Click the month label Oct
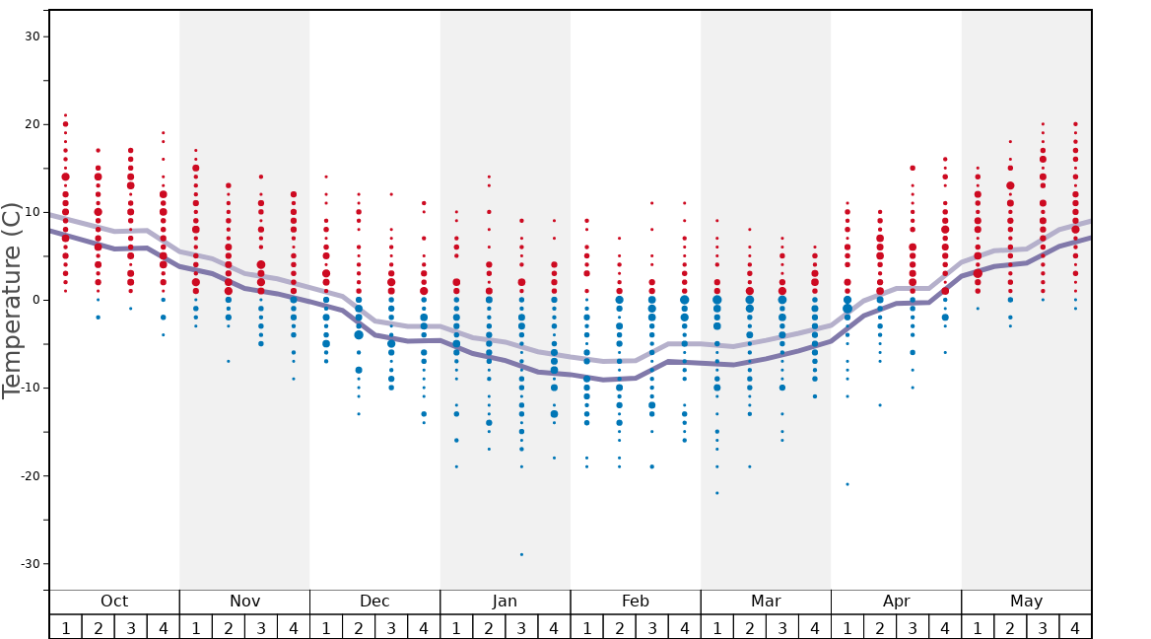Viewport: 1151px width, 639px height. [x=114, y=602]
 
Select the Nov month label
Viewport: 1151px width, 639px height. [x=244, y=602]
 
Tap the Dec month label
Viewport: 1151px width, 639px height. [x=374, y=602]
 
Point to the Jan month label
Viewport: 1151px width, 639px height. [x=505, y=602]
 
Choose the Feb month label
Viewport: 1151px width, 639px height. [x=635, y=602]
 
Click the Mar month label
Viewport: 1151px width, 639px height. [x=766, y=602]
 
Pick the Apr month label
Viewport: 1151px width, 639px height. [x=896, y=602]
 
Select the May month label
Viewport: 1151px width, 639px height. [x=1026, y=602]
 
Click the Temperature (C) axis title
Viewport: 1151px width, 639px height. [x=12, y=300]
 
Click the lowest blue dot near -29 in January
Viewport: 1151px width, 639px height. [x=521, y=554]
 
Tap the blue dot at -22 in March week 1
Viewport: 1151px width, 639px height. [x=717, y=493]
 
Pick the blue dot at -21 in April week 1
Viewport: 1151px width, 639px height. [x=847, y=484]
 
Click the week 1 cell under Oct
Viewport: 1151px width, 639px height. [x=66, y=627]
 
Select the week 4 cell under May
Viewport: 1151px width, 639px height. [x=1075, y=627]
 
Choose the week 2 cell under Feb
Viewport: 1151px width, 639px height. [x=619, y=627]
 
